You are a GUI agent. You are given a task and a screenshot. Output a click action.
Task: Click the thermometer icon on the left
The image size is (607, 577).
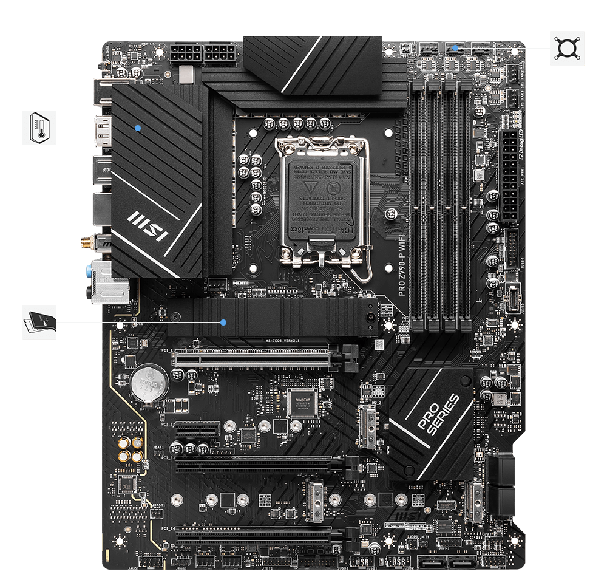pyautogui.click(x=39, y=128)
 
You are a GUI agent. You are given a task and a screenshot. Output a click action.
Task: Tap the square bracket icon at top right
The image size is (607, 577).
pyautogui.click(x=567, y=48)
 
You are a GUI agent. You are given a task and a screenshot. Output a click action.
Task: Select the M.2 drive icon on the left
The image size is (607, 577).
pyautogui.click(x=39, y=321)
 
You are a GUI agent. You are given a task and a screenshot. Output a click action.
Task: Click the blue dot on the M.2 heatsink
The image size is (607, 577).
pyautogui.click(x=224, y=322)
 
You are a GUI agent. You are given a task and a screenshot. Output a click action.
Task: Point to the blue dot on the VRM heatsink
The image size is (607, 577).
pyautogui.click(x=138, y=128)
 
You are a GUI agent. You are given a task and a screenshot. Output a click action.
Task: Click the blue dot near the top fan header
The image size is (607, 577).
pyautogui.click(x=455, y=47)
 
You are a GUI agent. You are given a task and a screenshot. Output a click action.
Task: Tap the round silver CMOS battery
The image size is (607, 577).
pyautogui.click(x=148, y=383)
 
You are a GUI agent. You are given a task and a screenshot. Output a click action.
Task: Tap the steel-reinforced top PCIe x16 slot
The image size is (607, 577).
pyautogui.click(x=255, y=358)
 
